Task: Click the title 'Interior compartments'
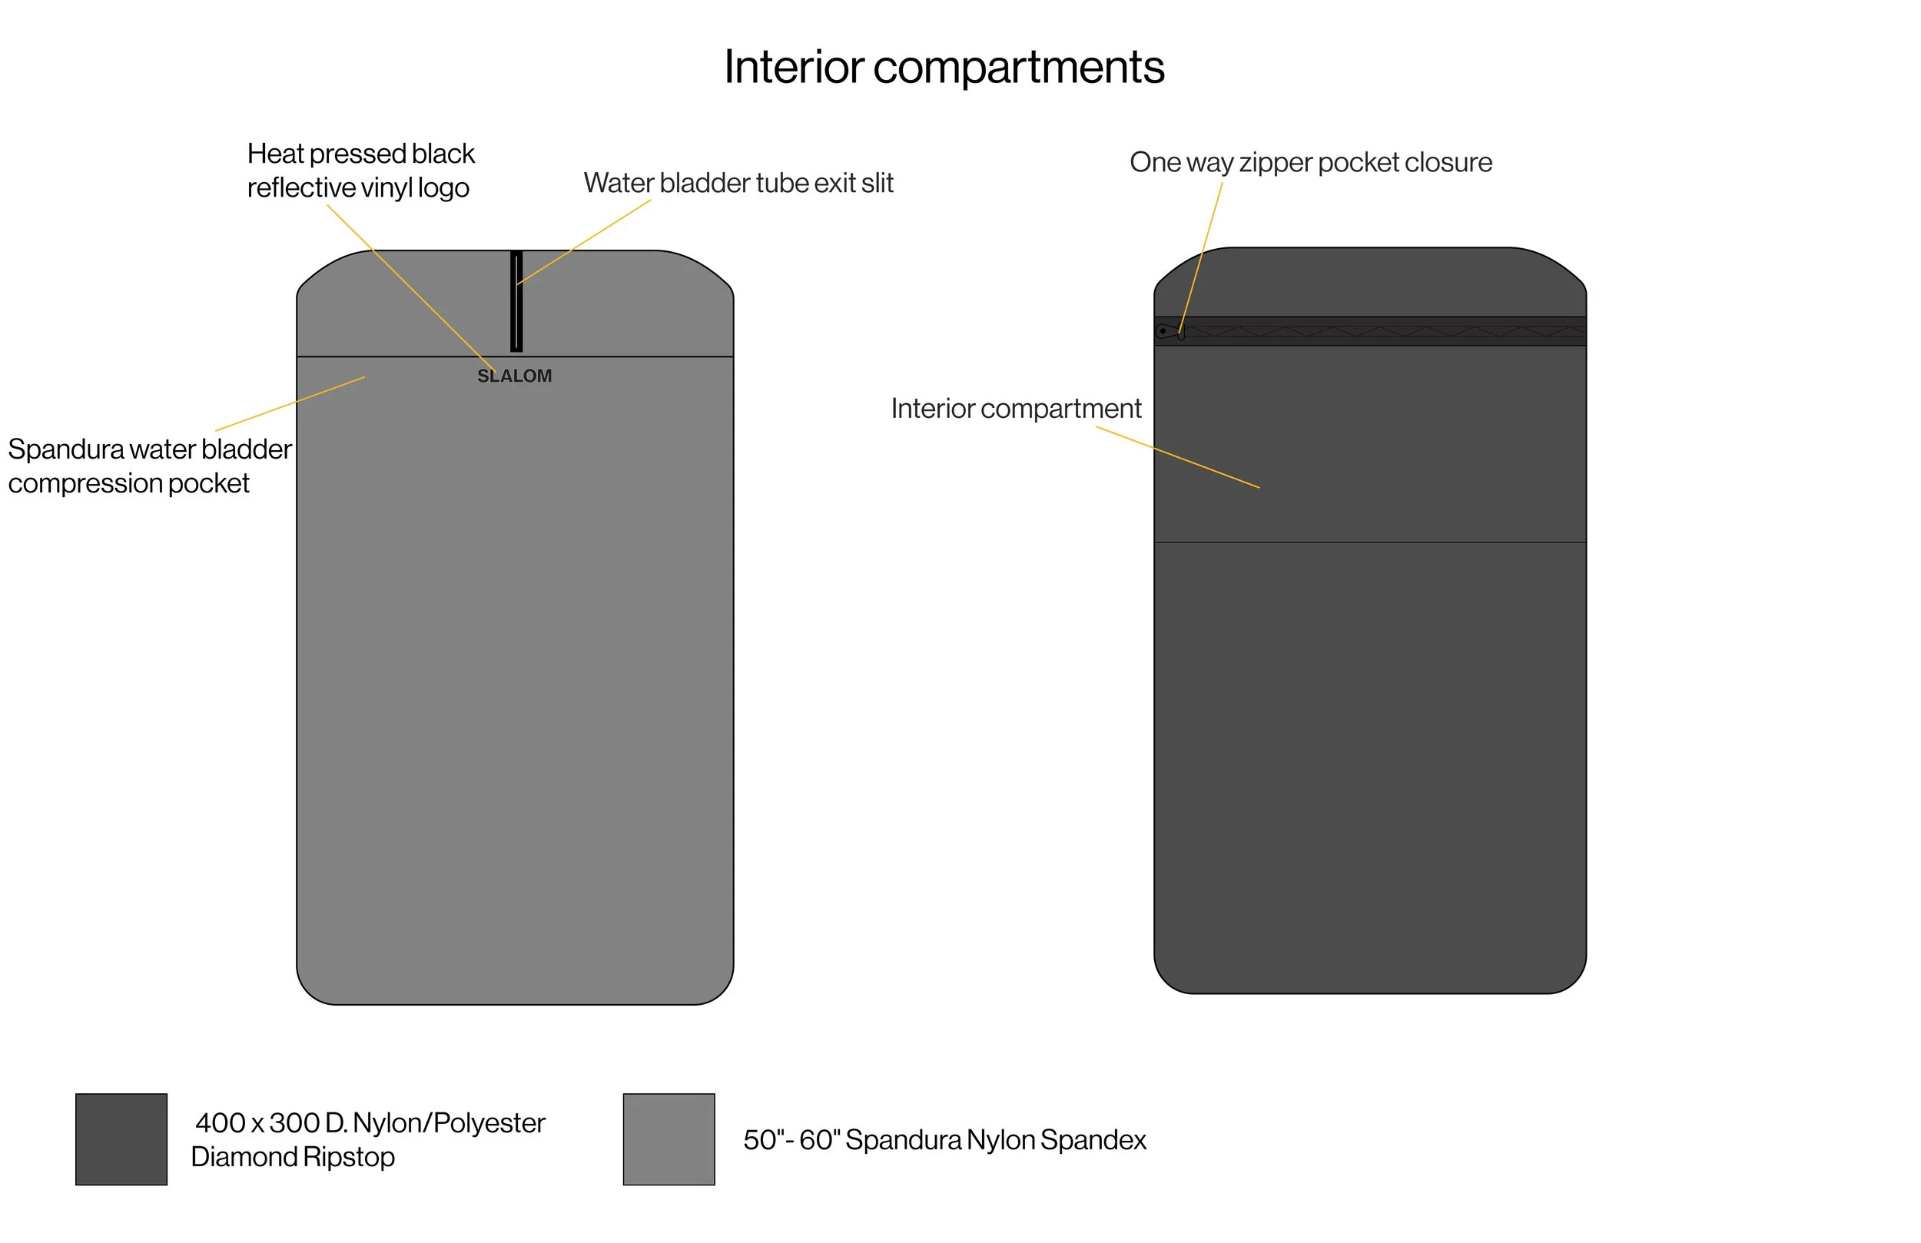point(944,67)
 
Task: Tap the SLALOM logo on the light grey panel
point(514,376)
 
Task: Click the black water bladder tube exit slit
point(516,301)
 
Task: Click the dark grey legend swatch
point(121,1139)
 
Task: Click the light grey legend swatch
point(669,1139)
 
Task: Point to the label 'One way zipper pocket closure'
point(1310,162)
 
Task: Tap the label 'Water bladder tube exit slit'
point(738,183)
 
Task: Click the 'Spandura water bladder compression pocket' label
point(149,466)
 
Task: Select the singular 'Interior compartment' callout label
point(1015,409)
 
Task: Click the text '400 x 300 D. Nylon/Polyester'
point(370,1122)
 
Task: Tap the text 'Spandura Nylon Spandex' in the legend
point(995,1140)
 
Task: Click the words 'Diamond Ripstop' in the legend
point(292,1157)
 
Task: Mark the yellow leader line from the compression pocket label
point(290,403)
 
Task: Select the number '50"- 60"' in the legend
point(790,1140)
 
